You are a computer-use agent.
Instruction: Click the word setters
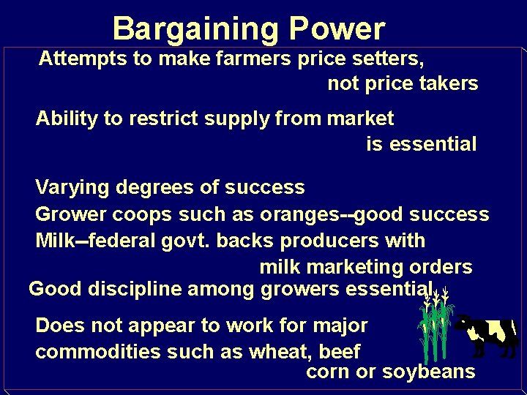[x=387, y=58]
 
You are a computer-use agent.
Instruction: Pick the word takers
[x=449, y=84]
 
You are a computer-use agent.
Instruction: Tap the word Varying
[x=70, y=188]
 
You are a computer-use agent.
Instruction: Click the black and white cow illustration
[x=487, y=333]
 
